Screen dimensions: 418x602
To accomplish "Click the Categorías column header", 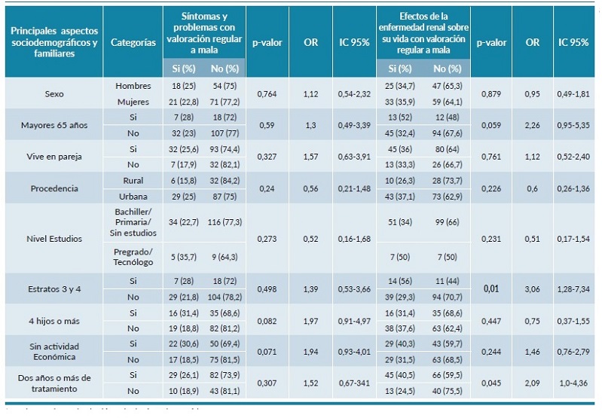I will pyautogui.click(x=133, y=42).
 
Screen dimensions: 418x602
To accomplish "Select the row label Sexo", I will pyautogui.click(x=53, y=93).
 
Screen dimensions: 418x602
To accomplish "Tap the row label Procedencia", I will pyautogui.click(x=53, y=188).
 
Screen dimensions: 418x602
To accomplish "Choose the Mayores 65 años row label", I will pyautogui.click(x=53, y=125).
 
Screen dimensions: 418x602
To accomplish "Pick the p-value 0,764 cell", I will pyautogui.click(x=267, y=93).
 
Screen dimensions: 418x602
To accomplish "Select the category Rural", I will pyautogui.click(x=133, y=180).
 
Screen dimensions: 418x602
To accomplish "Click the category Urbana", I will pyautogui.click(x=133, y=195).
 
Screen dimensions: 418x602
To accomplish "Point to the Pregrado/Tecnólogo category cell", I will pyautogui.click(x=133, y=256).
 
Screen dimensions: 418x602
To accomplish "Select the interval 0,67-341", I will pyautogui.click(x=353, y=382).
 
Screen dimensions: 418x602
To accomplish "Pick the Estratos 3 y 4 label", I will pyautogui.click(x=53, y=288).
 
